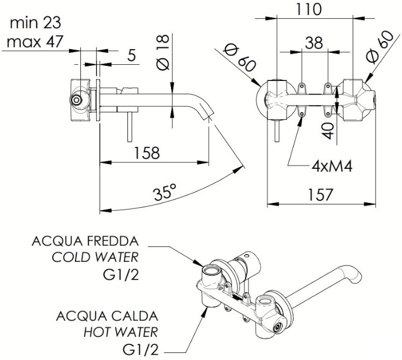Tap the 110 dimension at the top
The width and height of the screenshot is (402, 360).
pyautogui.click(x=309, y=9)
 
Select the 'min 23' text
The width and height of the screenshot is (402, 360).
pyautogui.click(x=36, y=23)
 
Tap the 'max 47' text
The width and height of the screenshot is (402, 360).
pyautogui.click(x=33, y=40)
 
